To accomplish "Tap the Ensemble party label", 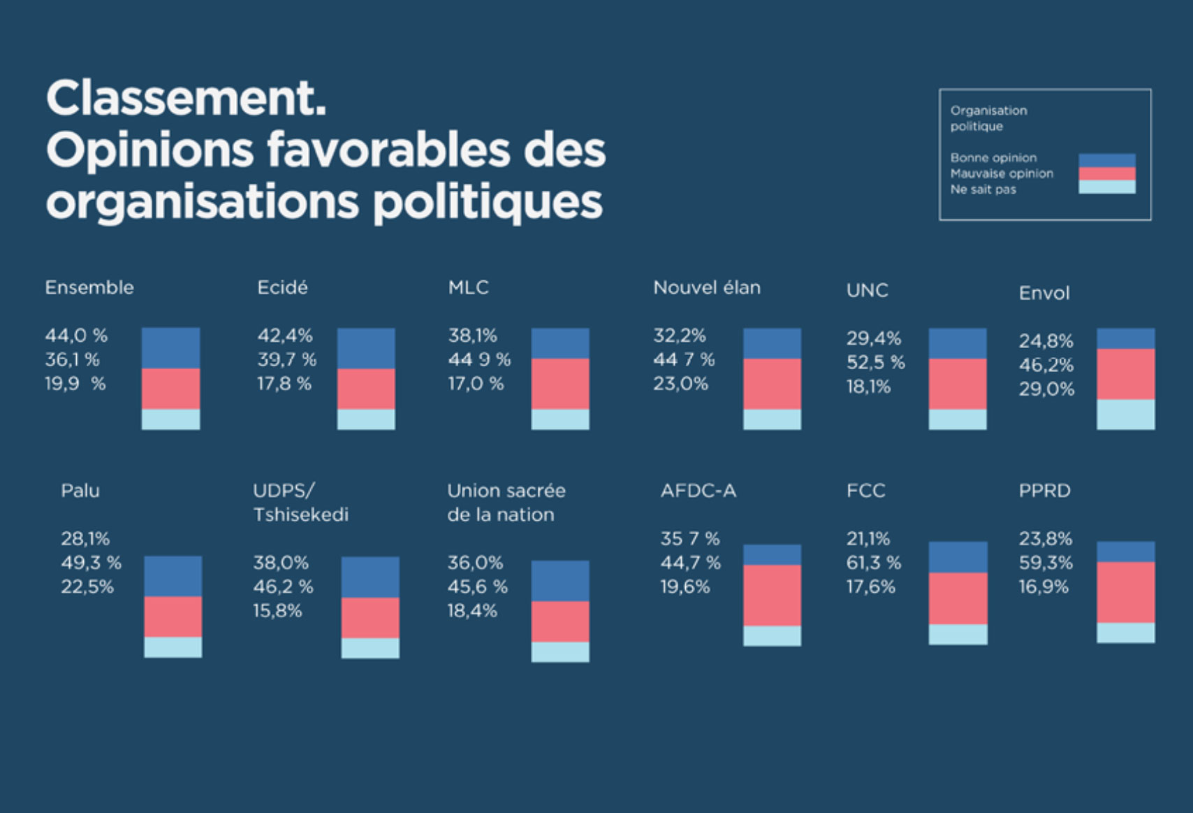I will [89, 287].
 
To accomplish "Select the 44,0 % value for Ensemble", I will [76, 336].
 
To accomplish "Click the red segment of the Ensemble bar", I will [170, 389].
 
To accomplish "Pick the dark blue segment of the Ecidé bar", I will [366, 348].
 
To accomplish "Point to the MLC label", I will [469, 287].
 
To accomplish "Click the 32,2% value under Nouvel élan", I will [680, 336].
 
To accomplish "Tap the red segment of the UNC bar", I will [958, 384].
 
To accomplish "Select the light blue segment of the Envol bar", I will [1126, 414].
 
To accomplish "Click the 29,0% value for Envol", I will [1046, 389].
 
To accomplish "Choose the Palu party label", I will [80, 491].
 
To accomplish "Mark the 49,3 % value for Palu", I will [91, 563].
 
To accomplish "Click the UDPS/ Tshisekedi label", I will [300, 503].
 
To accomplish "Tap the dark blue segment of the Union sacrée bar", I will [560, 581].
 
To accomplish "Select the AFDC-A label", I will [698, 491].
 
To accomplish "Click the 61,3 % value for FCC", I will [874, 563].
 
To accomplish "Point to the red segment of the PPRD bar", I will [1126, 592].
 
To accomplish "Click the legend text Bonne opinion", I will [993, 158].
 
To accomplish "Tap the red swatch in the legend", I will [1107, 174].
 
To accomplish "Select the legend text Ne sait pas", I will [983, 189].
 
